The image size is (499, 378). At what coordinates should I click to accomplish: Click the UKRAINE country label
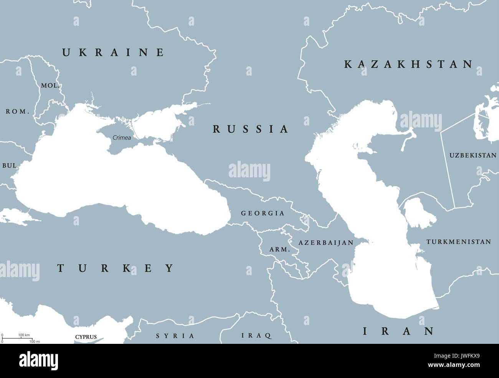coord(113,53)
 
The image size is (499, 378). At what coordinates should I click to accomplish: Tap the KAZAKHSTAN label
coord(408,64)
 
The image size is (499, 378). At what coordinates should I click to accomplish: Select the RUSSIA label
coord(250,129)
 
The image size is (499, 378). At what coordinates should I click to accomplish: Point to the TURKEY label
coord(116,268)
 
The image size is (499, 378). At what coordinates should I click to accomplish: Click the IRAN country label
coord(398,331)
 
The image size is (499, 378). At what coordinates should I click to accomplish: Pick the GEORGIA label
coord(263,213)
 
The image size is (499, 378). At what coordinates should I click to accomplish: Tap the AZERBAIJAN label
coord(326,243)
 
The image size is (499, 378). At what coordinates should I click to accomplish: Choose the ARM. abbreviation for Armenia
coord(279,249)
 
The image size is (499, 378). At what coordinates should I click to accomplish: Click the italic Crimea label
coord(122,138)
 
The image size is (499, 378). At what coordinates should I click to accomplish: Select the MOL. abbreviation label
coord(50,86)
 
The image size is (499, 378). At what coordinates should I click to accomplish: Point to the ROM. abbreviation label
coord(18,112)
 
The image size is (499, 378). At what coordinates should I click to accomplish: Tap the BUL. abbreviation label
coord(10,166)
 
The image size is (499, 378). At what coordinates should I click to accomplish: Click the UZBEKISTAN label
coord(473,155)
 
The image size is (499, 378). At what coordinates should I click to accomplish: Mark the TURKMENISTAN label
coord(458,242)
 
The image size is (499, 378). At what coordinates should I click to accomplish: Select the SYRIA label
coord(175,336)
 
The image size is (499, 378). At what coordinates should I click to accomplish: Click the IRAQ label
coord(256,336)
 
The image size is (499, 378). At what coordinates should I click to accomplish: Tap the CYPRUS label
coord(86,337)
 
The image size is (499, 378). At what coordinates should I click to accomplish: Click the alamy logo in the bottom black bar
coord(39,361)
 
